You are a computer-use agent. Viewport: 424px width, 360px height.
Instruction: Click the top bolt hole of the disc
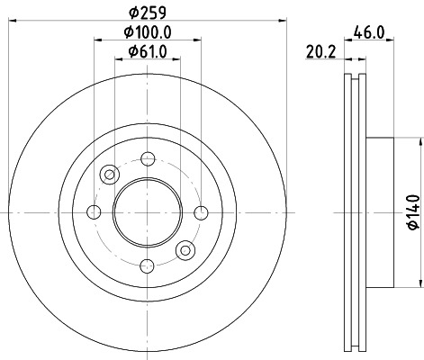click(145, 158)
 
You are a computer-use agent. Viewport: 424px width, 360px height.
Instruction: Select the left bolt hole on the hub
click(94, 211)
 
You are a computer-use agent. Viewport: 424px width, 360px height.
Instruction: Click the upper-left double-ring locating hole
click(109, 174)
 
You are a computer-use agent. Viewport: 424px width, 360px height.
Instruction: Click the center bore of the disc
click(145, 211)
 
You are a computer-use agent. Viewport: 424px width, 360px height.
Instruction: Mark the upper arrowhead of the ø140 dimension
click(420, 143)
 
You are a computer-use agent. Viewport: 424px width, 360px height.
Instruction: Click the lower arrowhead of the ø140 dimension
click(420, 281)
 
